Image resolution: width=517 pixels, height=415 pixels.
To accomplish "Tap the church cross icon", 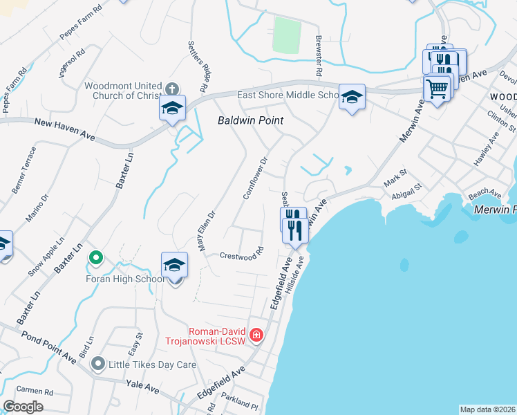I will [x=172, y=89].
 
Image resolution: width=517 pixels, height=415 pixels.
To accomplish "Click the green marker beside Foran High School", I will [x=96, y=259].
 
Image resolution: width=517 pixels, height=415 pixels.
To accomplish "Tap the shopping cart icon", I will [x=437, y=88].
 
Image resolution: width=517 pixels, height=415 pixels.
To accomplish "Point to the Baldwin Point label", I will [x=252, y=120].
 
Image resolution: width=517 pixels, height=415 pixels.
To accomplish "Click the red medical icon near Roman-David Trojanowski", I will [x=256, y=335].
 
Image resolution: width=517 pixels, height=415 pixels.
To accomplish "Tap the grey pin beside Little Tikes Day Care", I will [x=98, y=363].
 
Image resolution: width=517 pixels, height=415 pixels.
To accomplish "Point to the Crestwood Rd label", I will [x=242, y=255].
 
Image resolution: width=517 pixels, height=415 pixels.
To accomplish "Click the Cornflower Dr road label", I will [x=255, y=178].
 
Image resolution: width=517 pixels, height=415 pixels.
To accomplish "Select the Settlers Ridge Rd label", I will [x=198, y=66].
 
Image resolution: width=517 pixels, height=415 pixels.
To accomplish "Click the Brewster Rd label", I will [x=319, y=56].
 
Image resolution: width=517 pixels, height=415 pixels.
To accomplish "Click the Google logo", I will [x=23, y=407].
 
